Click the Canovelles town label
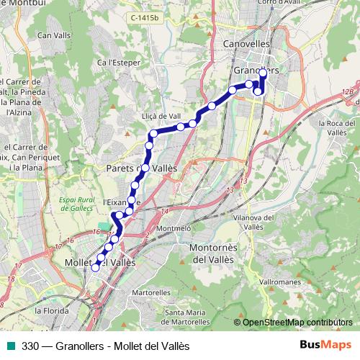pos(246,43)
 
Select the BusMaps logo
pos(326,346)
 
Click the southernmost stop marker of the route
pos(95,268)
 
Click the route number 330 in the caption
pos(31,346)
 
